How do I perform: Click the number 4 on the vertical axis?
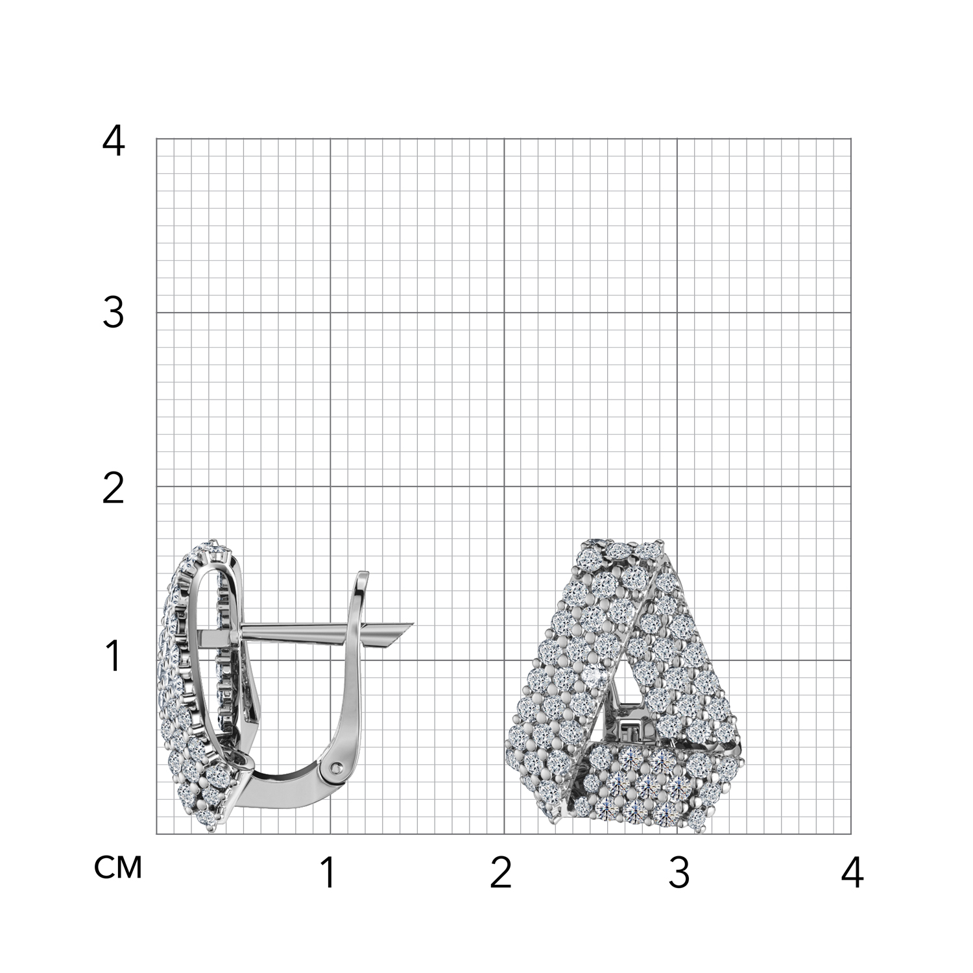coord(114,141)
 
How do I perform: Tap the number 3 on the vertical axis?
coord(114,314)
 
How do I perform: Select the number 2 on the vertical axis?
coord(114,488)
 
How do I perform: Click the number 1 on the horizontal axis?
coord(329,873)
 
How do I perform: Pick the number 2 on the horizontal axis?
coord(501,873)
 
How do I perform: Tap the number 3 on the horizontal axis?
coord(679,873)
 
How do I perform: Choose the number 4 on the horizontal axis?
coord(852,873)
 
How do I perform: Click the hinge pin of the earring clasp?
coord(335,768)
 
